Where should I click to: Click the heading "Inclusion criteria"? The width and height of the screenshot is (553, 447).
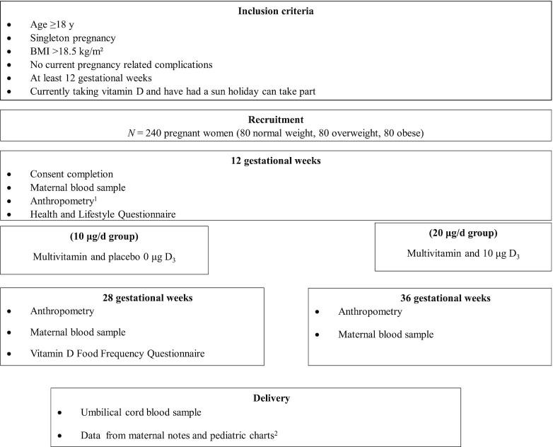[276, 11]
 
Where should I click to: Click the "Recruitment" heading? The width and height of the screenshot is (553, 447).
[276, 119]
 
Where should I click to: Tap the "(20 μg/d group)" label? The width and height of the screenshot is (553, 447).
[462, 232]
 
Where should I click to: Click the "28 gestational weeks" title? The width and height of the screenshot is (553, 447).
[132, 297]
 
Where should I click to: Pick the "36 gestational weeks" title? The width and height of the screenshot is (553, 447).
[430, 298]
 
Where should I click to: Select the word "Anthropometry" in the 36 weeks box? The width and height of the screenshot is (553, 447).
[371, 312]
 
